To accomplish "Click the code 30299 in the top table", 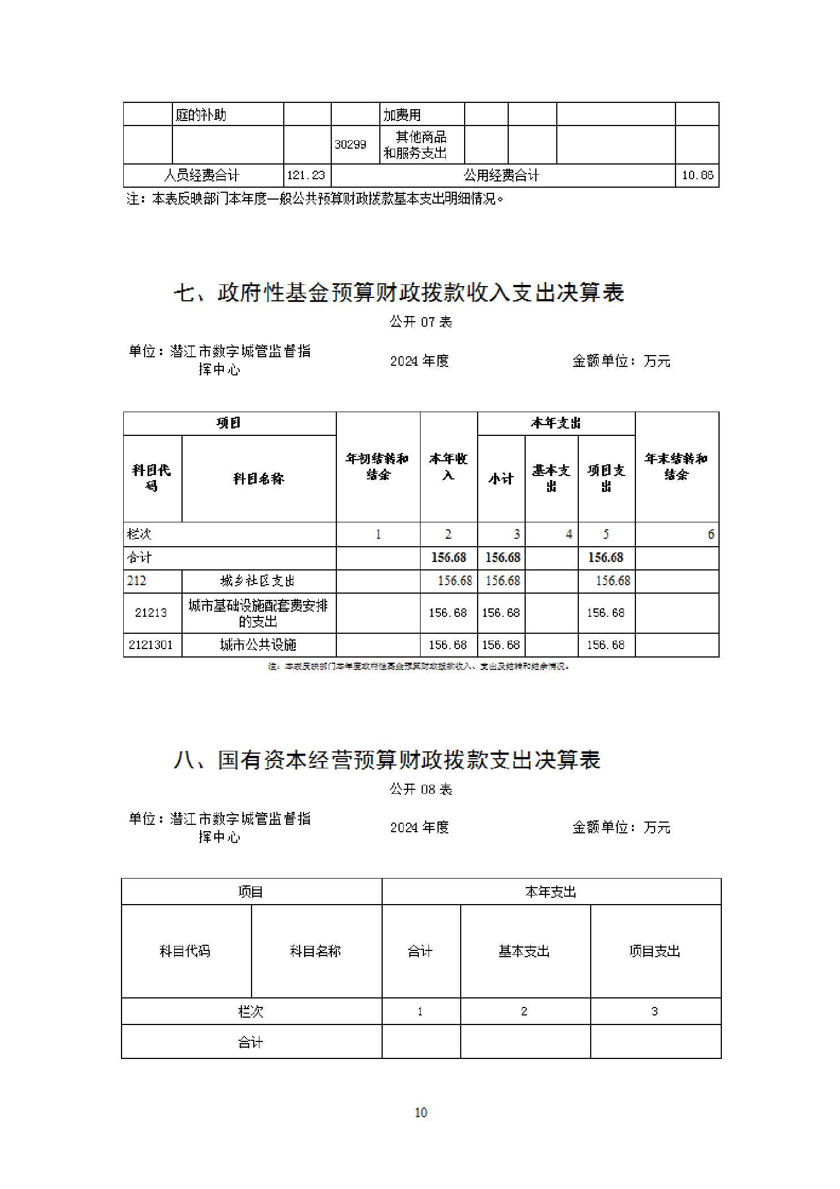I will tap(350, 145).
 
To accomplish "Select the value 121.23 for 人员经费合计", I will tap(306, 175).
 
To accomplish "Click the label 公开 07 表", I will tap(421, 322).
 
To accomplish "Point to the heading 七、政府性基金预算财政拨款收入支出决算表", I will tap(399, 293).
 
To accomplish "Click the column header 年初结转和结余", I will tap(378, 466).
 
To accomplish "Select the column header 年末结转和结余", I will tap(676, 466).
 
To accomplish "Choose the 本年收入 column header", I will tap(448, 466).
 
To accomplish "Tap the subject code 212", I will tap(137, 581).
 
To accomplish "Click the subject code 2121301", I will tap(151, 645).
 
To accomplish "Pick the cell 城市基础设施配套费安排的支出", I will tap(258, 613).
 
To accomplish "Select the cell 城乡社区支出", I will tap(258, 581).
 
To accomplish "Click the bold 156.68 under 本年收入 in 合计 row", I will tap(448, 557).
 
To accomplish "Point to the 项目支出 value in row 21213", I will tap(605, 613).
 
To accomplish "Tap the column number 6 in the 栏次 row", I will tap(711, 534).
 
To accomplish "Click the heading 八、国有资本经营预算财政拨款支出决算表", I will tap(387, 760).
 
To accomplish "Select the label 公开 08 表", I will tap(421, 789).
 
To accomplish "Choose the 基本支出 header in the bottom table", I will tap(524, 952).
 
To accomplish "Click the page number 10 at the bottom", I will tap(421, 1113).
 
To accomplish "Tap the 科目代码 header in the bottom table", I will tap(185, 952).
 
